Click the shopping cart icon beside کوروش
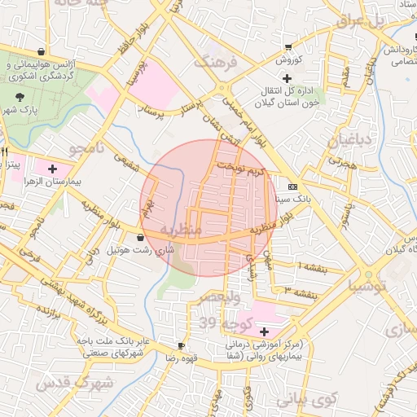(x=287, y=46)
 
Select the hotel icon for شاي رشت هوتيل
(x=141, y=238)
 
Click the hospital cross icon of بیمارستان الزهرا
(x=53, y=169)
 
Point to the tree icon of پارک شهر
(x=19, y=97)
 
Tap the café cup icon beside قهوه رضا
(x=181, y=346)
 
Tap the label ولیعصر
(x=236, y=298)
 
